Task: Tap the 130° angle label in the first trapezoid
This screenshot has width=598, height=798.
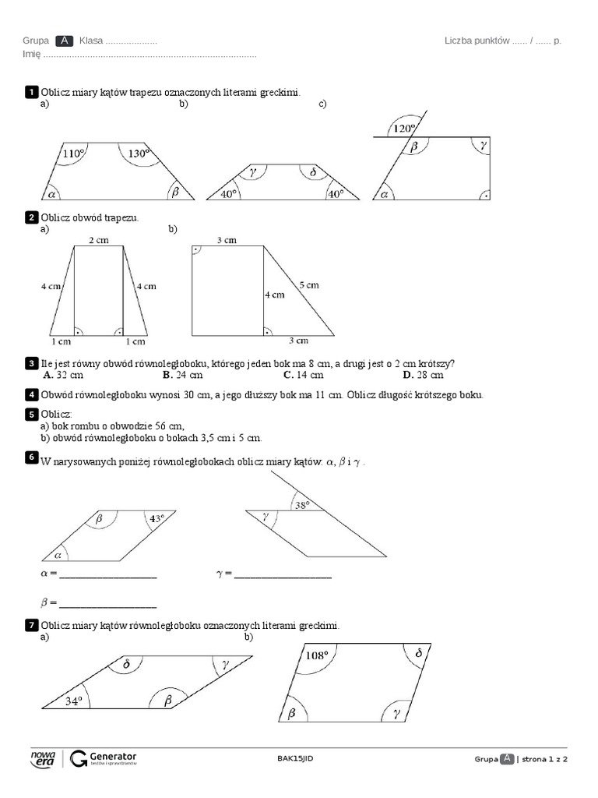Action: (139, 154)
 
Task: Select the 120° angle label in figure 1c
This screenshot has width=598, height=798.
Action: (404, 129)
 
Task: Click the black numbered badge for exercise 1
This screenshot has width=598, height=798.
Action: (31, 93)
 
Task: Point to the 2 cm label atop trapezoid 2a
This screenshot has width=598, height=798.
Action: (98, 241)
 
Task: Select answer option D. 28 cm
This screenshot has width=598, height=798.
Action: (423, 375)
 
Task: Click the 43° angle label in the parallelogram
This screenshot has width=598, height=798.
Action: (157, 517)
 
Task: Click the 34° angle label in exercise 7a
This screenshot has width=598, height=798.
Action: (73, 701)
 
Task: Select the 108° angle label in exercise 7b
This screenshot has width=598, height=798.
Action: (317, 655)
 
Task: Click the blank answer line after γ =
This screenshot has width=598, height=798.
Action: (283, 577)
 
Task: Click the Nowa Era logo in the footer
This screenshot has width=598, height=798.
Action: (42, 760)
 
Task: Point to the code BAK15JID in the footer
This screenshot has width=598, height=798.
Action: (295, 759)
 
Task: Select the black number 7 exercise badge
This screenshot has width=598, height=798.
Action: (31, 626)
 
